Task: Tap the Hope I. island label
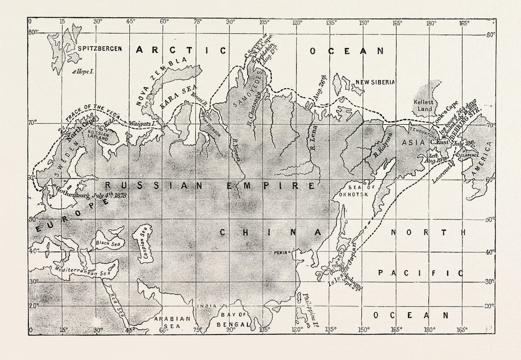[x=85, y=72]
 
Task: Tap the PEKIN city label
[x=281, y=252]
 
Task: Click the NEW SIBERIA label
[x=375, y=82]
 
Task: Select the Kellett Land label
[x=424, y=105]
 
